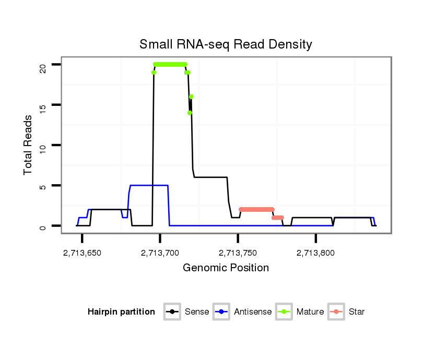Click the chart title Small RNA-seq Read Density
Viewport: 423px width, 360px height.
(x=226, y=44)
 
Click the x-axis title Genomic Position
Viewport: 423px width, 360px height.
(x=226, y=268)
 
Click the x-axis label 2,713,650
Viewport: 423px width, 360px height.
(x=83, y=254)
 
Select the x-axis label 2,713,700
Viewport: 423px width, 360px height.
(x=160, y=254)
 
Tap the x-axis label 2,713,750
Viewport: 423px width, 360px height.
(x=238, y=254)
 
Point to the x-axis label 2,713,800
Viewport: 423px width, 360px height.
(x=316, y=254)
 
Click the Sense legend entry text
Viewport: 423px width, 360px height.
(x=197, y=312)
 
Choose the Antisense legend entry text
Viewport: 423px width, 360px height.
(x=253, y=312)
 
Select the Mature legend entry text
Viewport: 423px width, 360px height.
(x=310, y=312)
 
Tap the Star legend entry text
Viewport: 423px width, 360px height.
(x=357, y=312)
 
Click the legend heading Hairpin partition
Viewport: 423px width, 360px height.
(x=121, y=312)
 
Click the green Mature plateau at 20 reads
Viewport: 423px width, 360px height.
(x=170, y=65)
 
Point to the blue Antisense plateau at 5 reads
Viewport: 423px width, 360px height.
(x=149, y=185)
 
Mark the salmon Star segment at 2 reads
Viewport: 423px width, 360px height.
(x=256, y=209)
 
